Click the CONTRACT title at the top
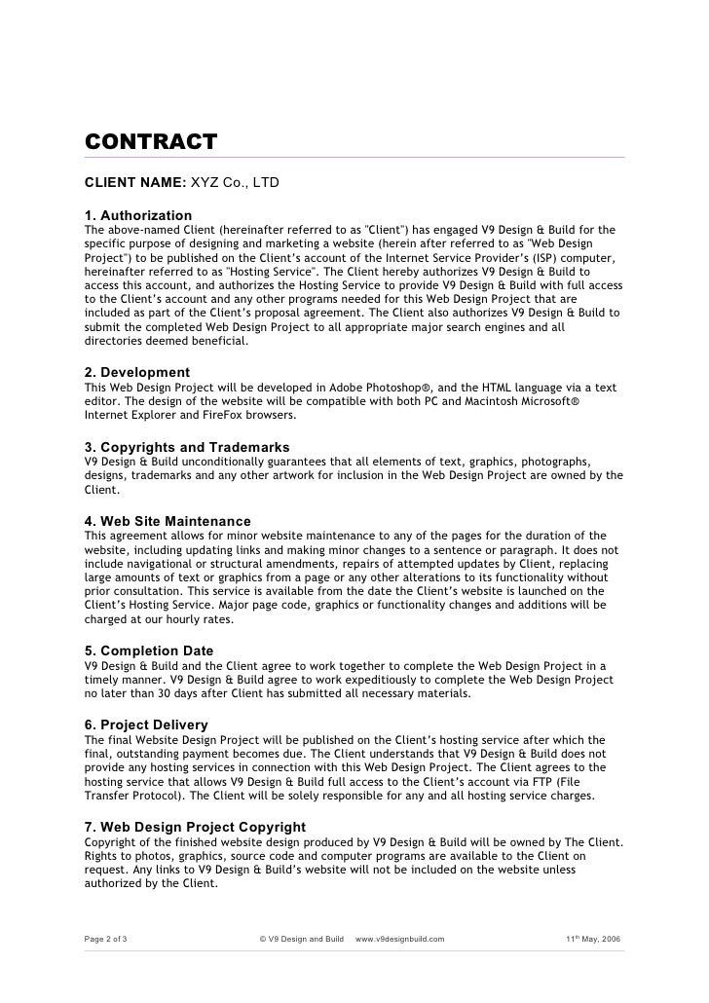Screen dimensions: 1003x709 tap(150, 142)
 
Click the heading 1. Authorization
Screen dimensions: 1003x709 tap(138, 214)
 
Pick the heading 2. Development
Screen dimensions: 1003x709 tap(137, 372)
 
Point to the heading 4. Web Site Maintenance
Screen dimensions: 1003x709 tap(168, 521)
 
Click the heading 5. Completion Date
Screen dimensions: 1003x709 tap(149, 650)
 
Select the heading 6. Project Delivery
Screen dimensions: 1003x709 tap(146, 724)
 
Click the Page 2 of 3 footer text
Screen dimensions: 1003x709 tap(112, 940)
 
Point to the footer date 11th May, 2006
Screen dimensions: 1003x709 tap(593, 940)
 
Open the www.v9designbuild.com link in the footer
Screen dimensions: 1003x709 tap(400, 940)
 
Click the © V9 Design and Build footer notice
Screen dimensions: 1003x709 tap(302, 940)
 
